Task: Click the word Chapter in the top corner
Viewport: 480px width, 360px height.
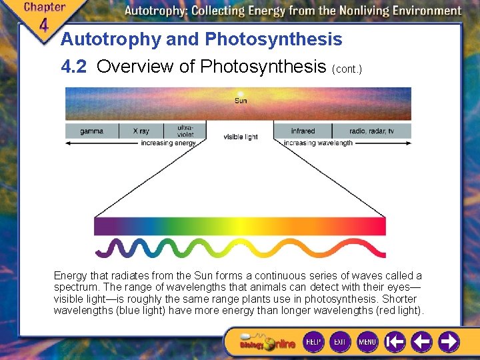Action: (44, 7)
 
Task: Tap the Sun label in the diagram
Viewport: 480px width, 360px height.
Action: (240, 101)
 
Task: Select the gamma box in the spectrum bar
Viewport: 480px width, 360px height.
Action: (92, 131)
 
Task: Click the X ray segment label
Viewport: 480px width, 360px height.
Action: (141, 131)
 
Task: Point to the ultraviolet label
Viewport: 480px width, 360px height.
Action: (185, 131)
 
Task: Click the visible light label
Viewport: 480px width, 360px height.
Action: (240, 137)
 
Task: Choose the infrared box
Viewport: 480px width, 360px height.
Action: (303, 131)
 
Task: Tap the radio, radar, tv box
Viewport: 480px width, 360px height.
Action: (371, 131)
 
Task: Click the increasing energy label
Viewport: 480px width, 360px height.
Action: (168, 143)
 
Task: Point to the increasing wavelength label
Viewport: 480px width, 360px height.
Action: (319, 143)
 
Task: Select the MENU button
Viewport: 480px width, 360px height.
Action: (367, 341)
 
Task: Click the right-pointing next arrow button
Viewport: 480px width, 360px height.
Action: (448, 342)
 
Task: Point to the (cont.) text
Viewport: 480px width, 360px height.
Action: (347, 69)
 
